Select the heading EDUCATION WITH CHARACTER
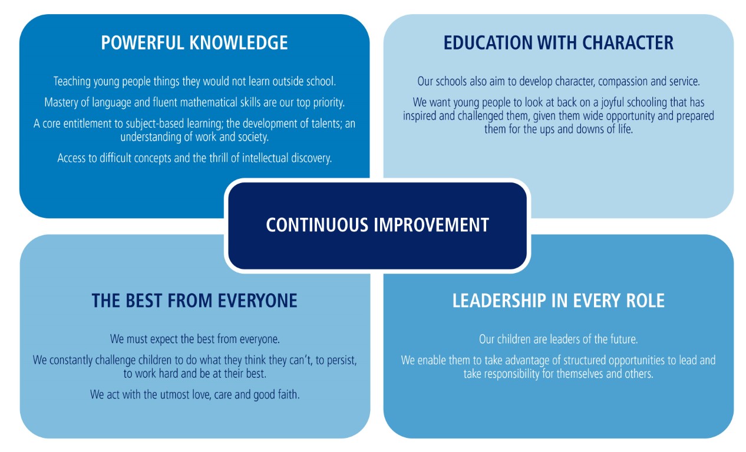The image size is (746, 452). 558,43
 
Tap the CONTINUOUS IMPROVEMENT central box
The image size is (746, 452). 377,225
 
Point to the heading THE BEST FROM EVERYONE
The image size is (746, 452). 194,301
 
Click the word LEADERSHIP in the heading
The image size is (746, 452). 498,301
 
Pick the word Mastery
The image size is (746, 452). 62,102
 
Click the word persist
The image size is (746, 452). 339,360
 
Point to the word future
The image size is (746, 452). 620,340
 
